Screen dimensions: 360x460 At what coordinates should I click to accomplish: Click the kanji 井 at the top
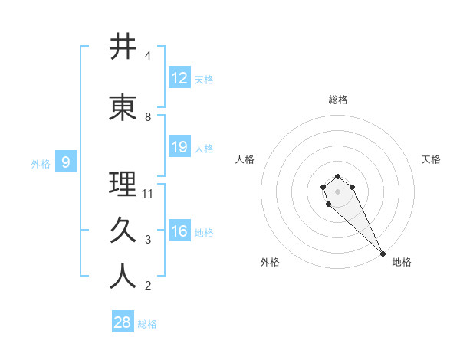tap(123, 47)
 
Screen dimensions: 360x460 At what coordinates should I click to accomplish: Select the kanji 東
tap(123, 108)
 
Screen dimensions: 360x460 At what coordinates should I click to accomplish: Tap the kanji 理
tap(123, 185)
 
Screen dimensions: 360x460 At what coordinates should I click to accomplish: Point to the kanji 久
tap(123, 231)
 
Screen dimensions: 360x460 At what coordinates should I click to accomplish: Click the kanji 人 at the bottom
tap(123, 277)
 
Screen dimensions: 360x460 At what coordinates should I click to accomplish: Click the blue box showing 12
tap(179, 78)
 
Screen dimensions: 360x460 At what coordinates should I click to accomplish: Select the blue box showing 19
tap(179, 147)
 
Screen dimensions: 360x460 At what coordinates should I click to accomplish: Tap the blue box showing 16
tap(179, 231)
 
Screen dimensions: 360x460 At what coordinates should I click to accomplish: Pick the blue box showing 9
tap(66, 162)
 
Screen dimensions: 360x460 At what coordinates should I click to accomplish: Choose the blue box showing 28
tap(122, 322)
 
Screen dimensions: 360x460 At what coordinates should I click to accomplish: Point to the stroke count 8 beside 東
tap(148, 117)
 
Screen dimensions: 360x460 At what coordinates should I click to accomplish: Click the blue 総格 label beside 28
tap(147, 324)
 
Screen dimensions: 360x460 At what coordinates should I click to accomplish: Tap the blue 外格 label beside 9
tap(41, 163)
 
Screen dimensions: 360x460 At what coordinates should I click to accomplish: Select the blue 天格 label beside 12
tap(204, 80)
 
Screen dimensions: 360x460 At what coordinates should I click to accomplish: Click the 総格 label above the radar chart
tap(338, 100)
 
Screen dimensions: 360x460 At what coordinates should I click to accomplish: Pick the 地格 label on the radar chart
tap(402, 263)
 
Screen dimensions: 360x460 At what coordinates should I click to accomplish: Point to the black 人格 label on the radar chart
tap(245, 159)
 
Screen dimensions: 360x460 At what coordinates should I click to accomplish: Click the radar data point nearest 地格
tap(383, 254)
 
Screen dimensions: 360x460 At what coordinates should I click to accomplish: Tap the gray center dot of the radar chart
tap(337, 191)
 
